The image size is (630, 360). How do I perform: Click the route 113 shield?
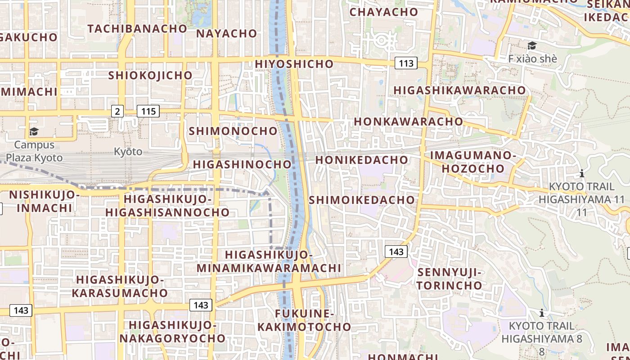tap(406, 63)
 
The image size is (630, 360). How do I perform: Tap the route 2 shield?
tap(117, 111)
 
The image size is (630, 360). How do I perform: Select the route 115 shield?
tap(148, 111)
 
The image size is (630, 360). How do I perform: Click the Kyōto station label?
tap(128, 151)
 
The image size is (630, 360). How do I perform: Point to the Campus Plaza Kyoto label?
tap(30, 151)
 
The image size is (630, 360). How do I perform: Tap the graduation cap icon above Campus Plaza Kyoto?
tap(34, 131)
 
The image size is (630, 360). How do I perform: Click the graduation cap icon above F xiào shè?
tap(532, 45)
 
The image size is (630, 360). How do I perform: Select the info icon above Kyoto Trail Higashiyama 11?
tap(582, 173)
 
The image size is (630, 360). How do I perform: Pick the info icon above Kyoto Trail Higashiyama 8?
tap(542, 313)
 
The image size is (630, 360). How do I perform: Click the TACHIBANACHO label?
tap(137, 28)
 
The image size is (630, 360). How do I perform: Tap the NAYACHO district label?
tap(226, 33)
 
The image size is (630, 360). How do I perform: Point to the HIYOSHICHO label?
tap(294, 64)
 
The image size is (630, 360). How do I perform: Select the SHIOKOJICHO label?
tap(150, 75)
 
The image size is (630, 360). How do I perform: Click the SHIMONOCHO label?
tap(234, 131)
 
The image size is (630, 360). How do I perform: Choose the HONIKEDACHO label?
tap(362, 160)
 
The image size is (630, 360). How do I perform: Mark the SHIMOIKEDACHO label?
tap(362, 200)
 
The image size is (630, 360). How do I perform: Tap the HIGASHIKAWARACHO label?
tap(459, 90)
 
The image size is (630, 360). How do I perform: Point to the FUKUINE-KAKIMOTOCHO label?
tap(304, 320)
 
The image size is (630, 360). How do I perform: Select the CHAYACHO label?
tap(384, 12)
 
